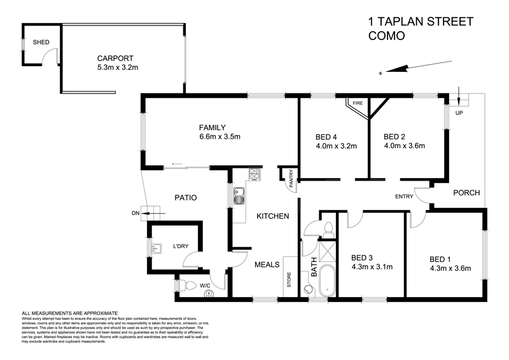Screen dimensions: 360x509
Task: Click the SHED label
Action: tap(41, 43)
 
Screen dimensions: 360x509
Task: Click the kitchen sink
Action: tap(239, 197)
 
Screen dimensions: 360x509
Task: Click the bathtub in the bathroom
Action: tap(327, 280)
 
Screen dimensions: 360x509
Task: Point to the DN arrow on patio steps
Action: tap(141, 214)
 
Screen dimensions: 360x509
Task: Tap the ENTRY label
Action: tap(403, 196)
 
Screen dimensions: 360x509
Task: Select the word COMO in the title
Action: tap(386, 36)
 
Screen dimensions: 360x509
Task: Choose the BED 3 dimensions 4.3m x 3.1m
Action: tap(372, 268)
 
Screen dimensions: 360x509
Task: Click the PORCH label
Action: tap(466, 193)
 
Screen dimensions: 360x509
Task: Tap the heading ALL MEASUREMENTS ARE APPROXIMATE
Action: tap(70, 314)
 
